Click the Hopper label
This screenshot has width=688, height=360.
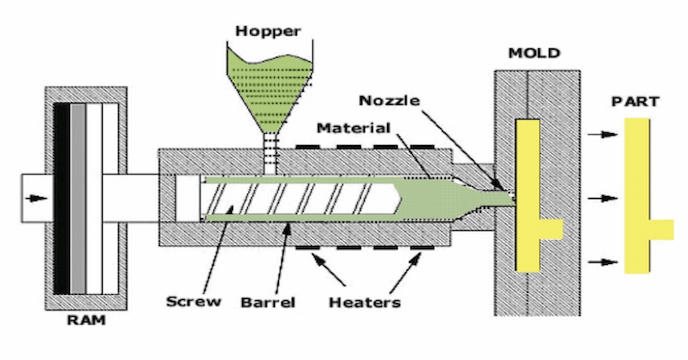268,32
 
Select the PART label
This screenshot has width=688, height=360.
635,102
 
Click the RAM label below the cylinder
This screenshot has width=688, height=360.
85,320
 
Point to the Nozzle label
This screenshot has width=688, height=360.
389,101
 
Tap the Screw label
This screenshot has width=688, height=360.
193,300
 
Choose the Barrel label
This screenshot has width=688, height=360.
267,302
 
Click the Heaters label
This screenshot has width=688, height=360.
364,302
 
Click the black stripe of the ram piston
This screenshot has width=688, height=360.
61,198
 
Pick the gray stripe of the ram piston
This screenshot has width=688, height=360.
78,198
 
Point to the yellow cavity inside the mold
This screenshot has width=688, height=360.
528,195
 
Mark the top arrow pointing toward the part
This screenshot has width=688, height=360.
602,134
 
